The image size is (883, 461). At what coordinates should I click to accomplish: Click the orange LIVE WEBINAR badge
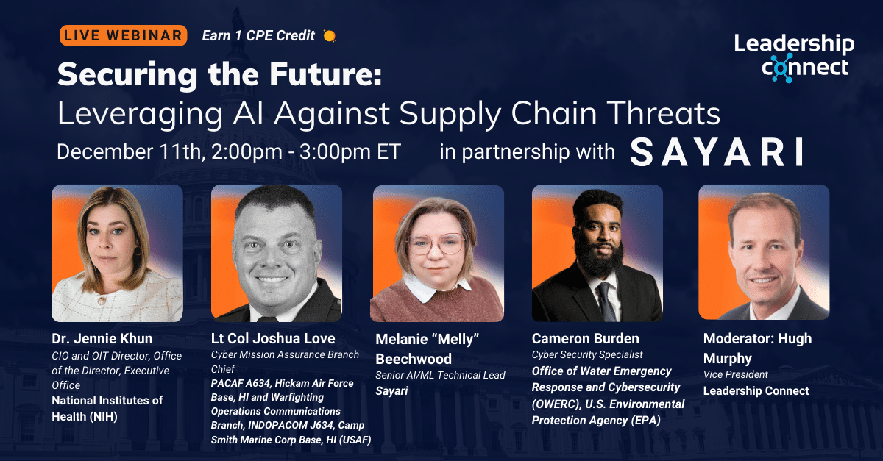coord(124,35)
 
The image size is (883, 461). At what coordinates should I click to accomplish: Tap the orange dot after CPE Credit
coord(329,35)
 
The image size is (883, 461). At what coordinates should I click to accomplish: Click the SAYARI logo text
coord(715,152)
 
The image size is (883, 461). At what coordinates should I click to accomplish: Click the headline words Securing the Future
coord(220,75)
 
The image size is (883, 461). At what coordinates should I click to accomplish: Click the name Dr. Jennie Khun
coord(102,339)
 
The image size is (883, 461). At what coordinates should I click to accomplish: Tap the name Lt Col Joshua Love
coord(273,339)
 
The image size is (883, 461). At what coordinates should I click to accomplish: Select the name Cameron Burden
coord(585,339)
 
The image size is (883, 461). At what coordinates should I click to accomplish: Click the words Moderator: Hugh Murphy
coord(758,348)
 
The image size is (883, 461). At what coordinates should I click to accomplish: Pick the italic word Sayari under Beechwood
coord(391,391)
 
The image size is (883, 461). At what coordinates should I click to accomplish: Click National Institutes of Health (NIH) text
coord(107,407)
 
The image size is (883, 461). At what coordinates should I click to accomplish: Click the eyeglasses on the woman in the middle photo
coord(436,243)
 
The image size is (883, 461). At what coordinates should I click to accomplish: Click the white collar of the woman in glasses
coord(437,290)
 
